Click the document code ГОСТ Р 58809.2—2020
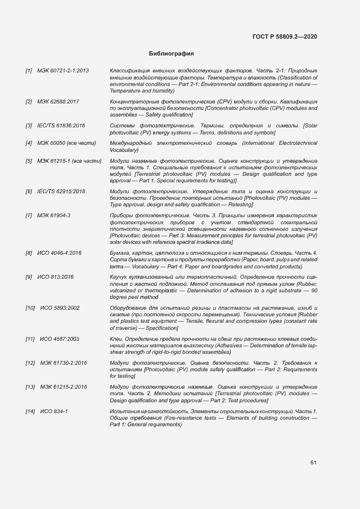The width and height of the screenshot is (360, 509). coord(285,36)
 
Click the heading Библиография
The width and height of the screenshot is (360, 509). coord(172,54)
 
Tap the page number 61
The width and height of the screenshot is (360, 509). coord(314,462)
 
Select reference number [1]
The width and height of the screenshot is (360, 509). coord(29,71)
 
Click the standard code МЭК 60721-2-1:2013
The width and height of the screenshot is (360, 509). coord(63,71)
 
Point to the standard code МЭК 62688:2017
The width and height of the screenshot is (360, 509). coord(58,102)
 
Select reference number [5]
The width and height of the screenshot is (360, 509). coord(29,161)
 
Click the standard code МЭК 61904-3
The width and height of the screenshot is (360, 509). coord(54,216)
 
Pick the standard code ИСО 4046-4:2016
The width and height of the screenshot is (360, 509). coord(59,253)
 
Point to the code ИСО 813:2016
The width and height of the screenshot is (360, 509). coord(56,277)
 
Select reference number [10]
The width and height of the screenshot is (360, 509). coord(30,308)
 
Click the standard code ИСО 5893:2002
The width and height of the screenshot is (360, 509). coord(60,308)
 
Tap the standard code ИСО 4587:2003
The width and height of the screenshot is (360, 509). coord(60,339)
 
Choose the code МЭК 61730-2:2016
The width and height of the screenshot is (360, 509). coord(64,363)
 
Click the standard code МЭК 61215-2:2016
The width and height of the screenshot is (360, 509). coord(64,387)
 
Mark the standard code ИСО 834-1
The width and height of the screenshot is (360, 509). coord(54,411)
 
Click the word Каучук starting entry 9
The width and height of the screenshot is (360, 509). coord(119,277)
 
